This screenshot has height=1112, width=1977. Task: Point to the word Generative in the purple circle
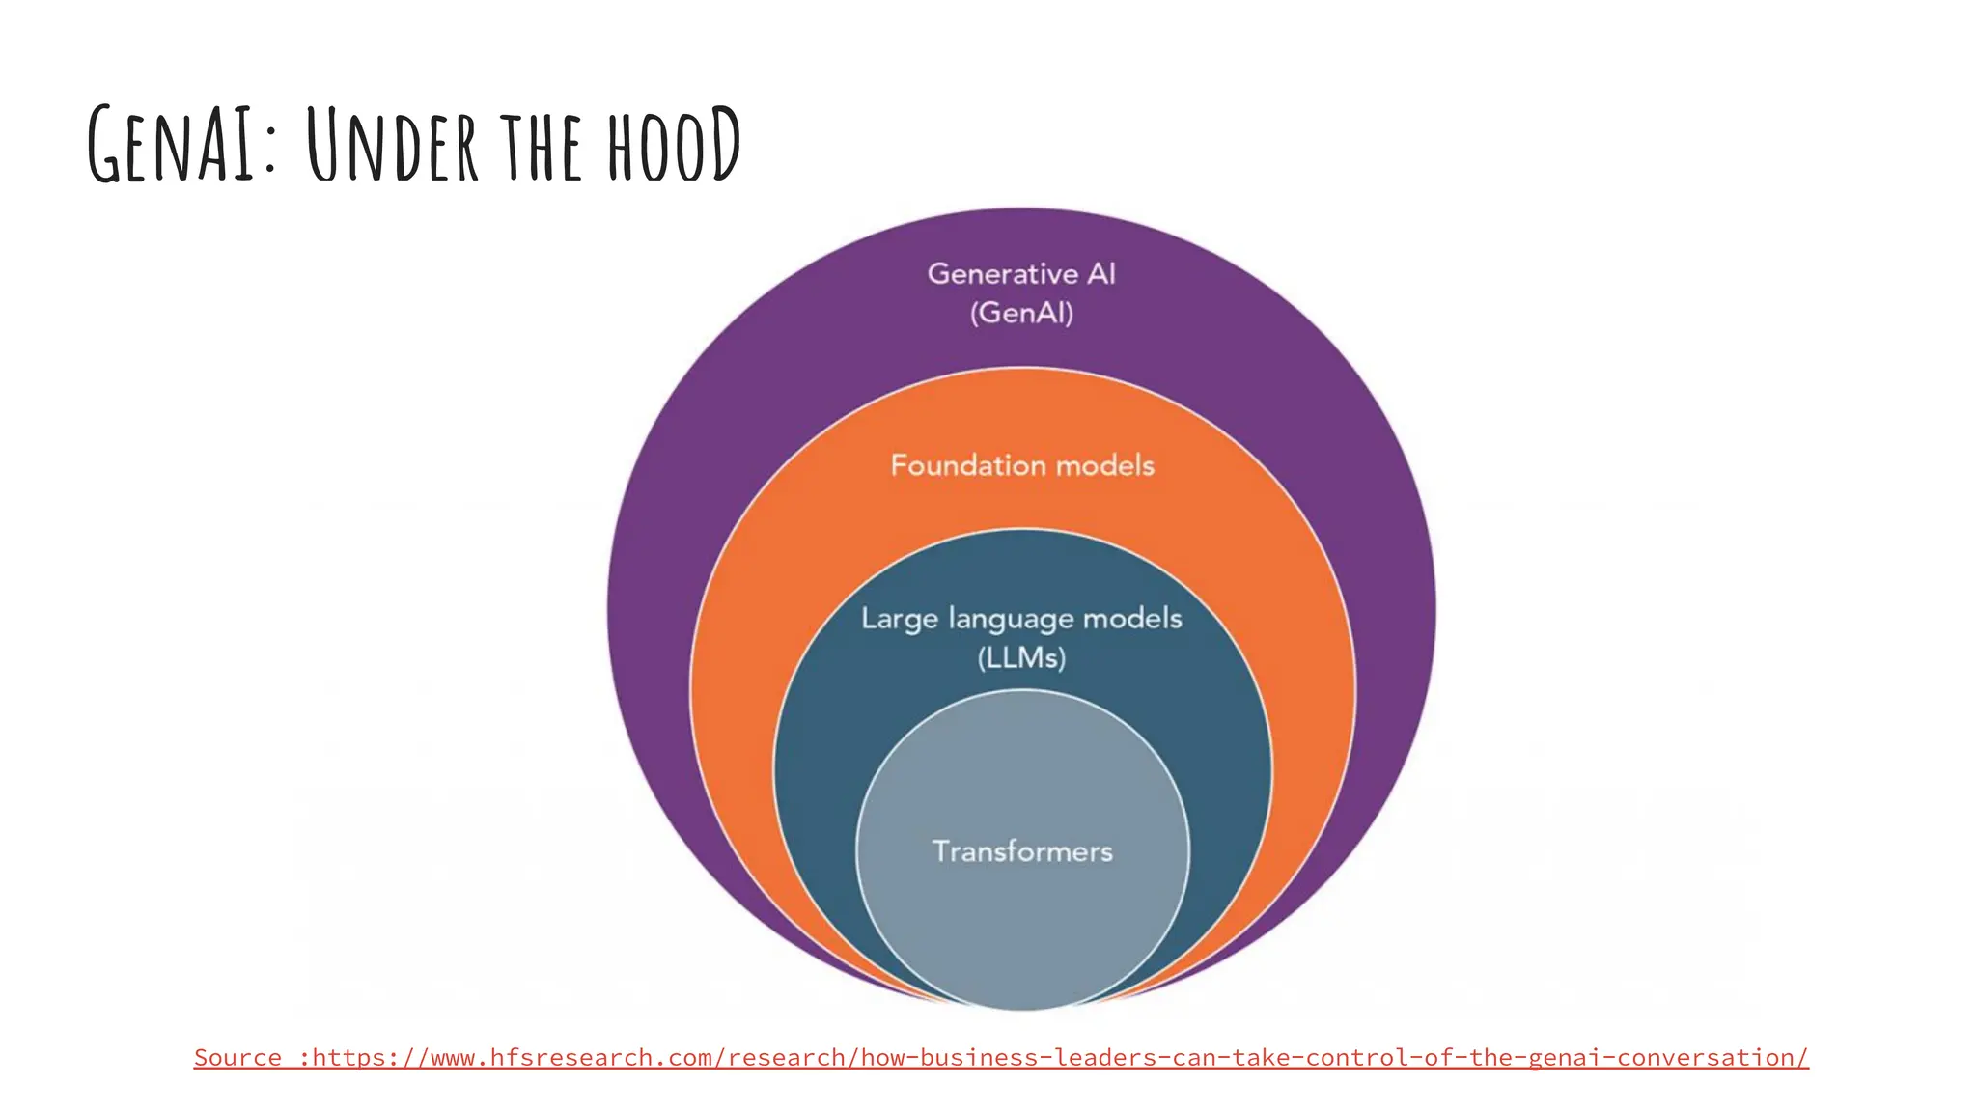pyautogui.click(x=1002, y=274)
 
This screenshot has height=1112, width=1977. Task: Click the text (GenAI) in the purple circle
pyautogui.click(x=1021, y=313)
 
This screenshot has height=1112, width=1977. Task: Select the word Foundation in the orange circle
pyautogui.click(x=967, y=465)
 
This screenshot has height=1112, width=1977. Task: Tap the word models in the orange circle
pyautogui.click(x=1104, y=465)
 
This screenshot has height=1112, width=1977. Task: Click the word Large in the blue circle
pyautogui.click(x=900, y=619)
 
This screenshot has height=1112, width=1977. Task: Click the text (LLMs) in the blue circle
pyautogui.click(x=1021, y=658)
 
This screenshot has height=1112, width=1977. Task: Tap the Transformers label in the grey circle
pyautogui.click(x=1022, y=851)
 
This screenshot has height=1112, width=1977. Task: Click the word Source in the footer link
pyautogui.click(x=237, y=1058)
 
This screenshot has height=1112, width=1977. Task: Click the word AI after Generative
pyautogui.click(x=1101, y=274)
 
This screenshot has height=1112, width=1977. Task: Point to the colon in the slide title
pyautogui.click(x=268, y=154)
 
